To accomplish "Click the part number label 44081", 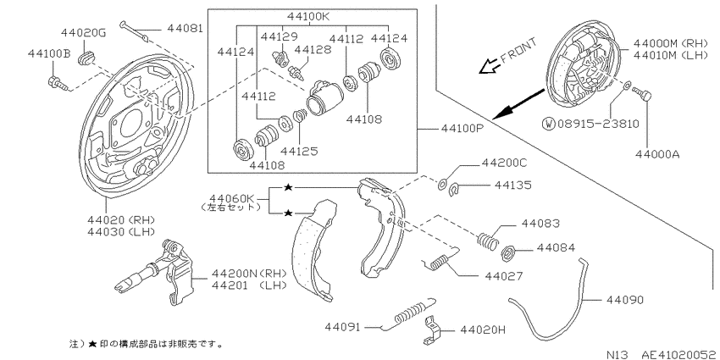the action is point(185,29).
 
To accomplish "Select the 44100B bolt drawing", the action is point(58,84).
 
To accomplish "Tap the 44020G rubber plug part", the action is point(86,58).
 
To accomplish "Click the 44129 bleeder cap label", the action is point(279,36).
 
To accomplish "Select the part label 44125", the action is point(299,150).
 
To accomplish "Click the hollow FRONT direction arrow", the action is point(488,67).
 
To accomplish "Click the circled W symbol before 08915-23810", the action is point(549,123).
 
